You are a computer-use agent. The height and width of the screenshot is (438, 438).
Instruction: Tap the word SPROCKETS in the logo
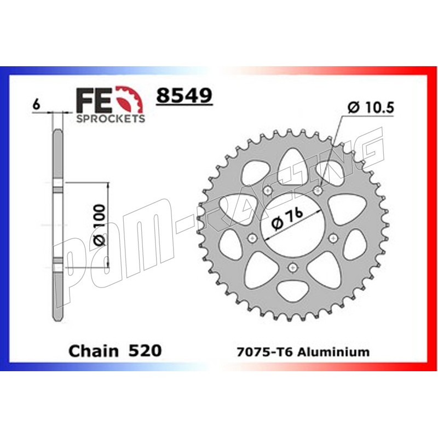tap(111, 118)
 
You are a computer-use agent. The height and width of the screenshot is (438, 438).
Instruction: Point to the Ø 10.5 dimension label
tap(371, 107)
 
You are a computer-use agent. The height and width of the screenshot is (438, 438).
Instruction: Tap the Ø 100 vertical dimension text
tap(100, 225)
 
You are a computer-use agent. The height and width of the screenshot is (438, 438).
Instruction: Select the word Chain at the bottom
tap(94, 351)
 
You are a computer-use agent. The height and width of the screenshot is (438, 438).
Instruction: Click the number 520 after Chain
tap(145, 350)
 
